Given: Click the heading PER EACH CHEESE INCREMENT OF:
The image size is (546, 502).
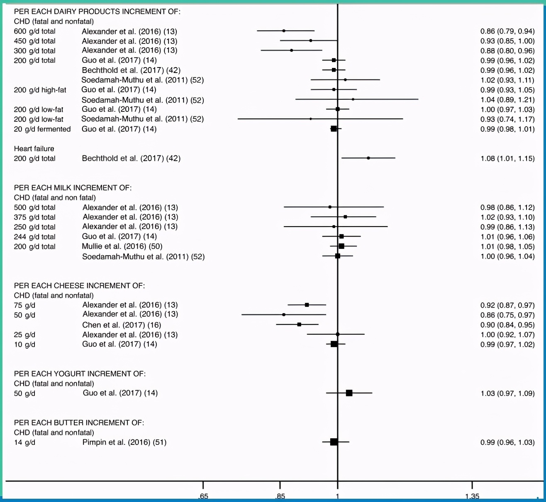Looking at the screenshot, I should pos(79,285).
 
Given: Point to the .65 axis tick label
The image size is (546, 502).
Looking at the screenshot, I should pos(203,496).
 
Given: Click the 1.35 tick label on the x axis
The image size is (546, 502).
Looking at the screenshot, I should pos(472,496).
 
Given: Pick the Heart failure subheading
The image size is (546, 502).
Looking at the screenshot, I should pos(34,148).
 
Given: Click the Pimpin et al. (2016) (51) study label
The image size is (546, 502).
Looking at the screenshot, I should pos(124,442).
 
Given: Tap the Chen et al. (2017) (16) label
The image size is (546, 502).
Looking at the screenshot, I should pos(122,325).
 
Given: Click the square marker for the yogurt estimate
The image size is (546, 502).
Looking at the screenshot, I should pos(349,393).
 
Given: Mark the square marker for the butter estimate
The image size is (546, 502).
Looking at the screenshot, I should pos(334,442).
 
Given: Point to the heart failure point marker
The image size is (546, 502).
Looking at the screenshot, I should pos(368,158).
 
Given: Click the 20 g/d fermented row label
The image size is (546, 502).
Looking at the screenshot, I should pos(42,129).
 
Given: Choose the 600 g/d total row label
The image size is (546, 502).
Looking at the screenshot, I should pos(34,31).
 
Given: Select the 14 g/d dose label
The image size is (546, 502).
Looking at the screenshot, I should pos(24,442).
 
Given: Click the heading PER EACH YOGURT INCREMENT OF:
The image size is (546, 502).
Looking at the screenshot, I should pos(80,374).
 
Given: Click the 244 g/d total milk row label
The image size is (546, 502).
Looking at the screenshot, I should pos(34,237).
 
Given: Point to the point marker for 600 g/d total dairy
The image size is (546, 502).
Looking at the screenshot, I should pos(284,31).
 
